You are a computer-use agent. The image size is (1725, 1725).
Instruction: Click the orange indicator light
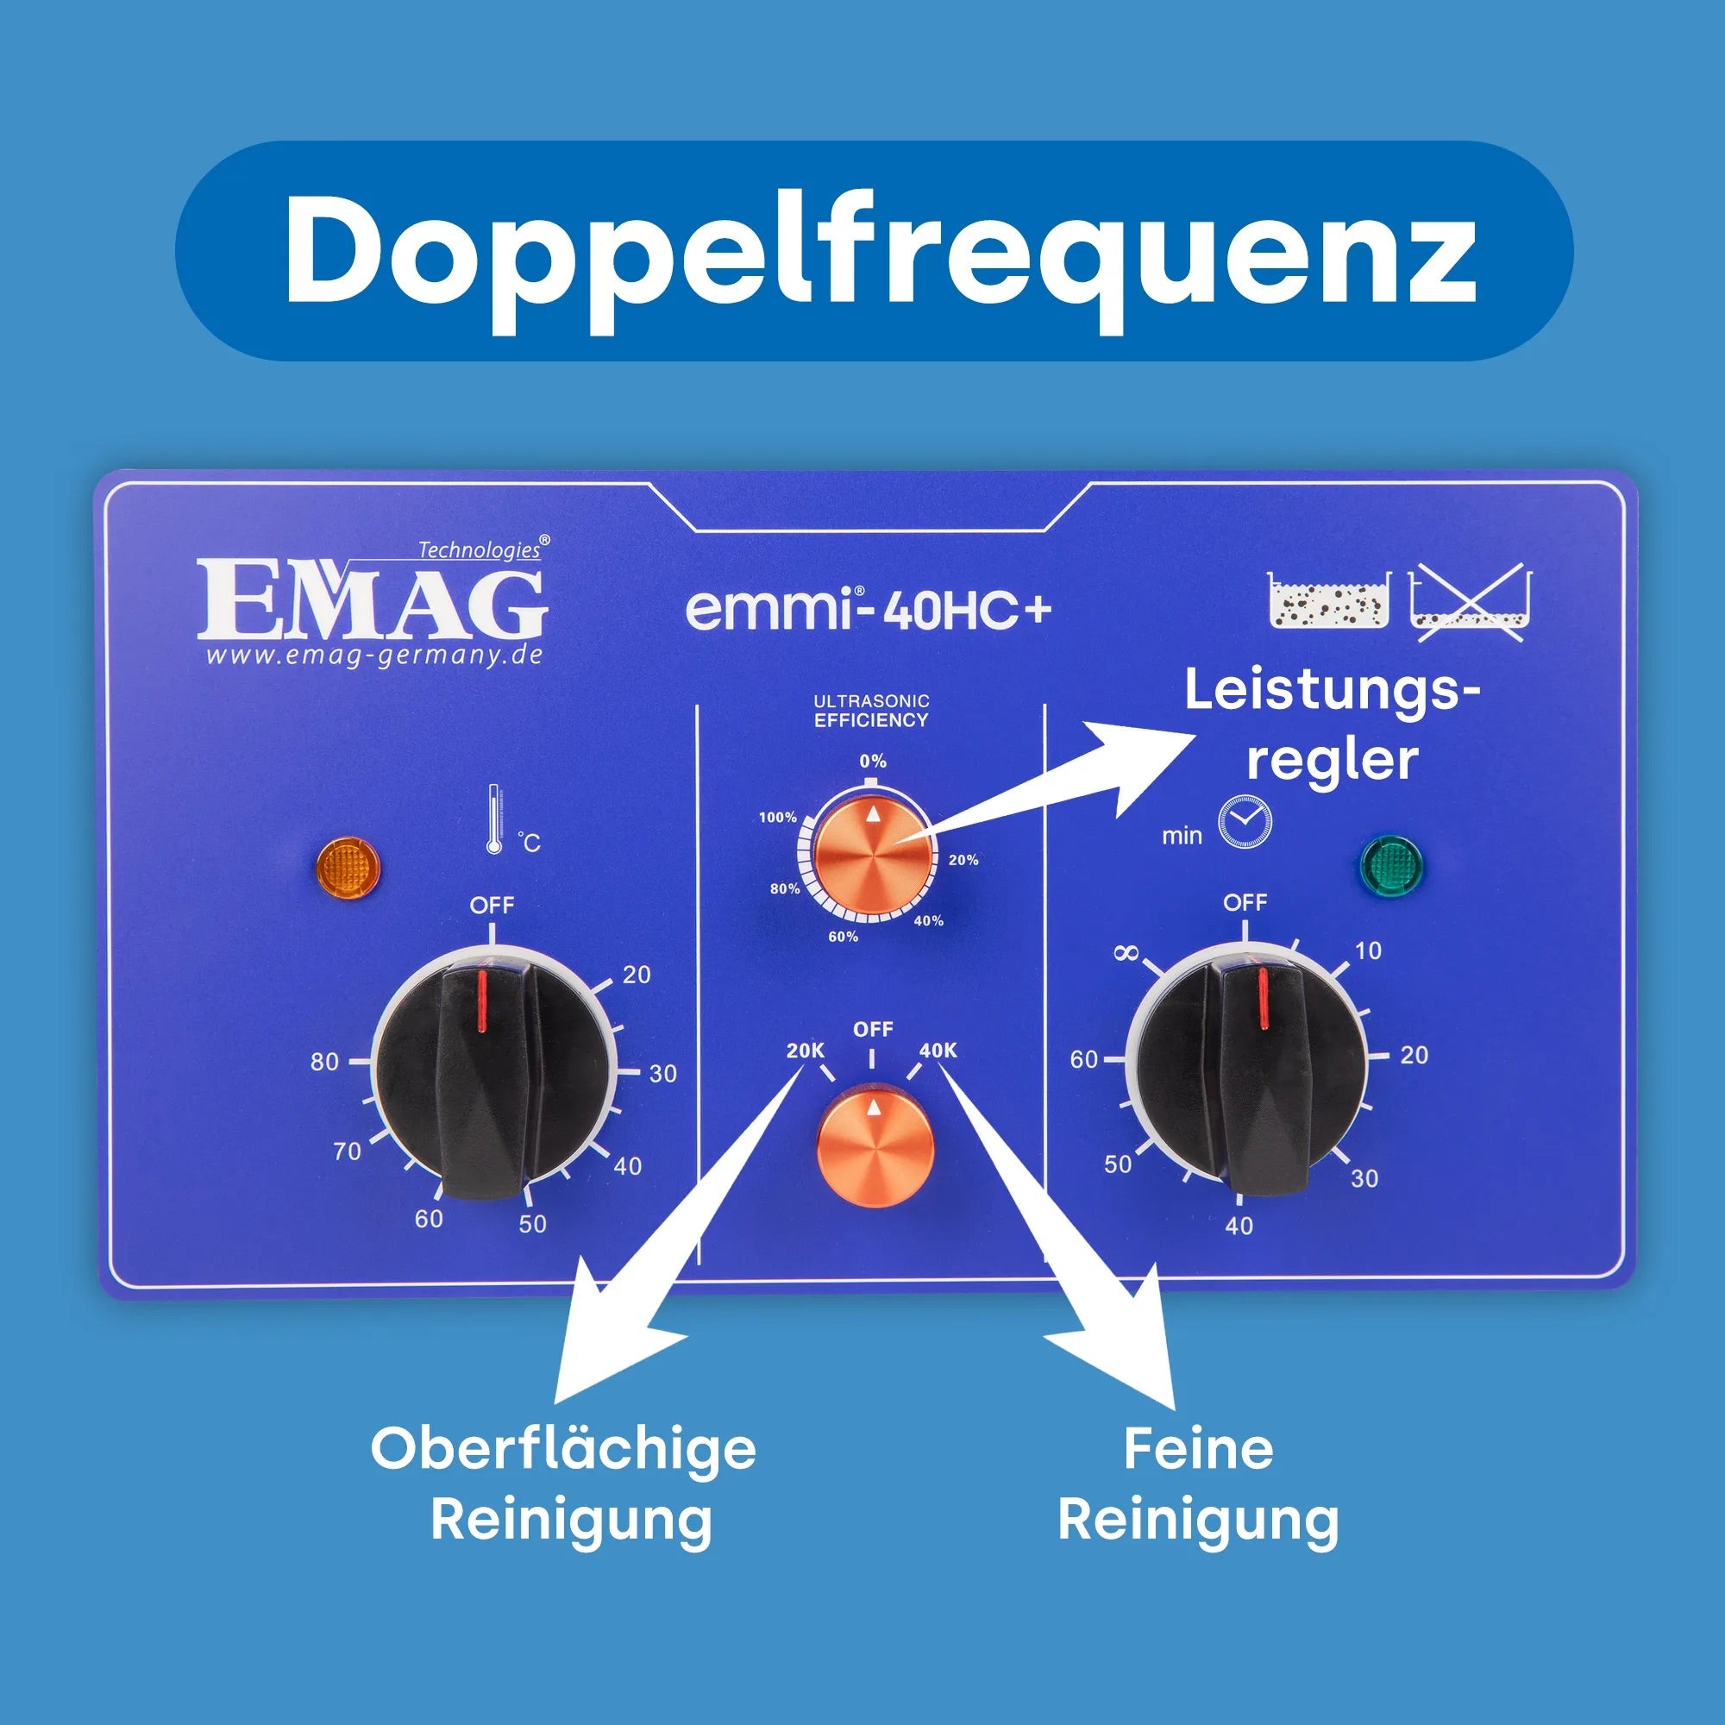[x=348, y=866]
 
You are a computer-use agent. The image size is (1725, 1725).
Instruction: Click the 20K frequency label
[x=805, y=1051]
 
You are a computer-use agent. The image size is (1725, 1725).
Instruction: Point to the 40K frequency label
[x=938, y=1051]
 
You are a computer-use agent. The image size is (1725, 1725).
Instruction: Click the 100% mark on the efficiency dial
[x=777, y=818]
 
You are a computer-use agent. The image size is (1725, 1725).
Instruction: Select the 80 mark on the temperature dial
[x=325, y=1062]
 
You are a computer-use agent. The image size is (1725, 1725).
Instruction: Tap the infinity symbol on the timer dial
[x=1126, y=955]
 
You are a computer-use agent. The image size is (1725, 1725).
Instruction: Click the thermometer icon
[x=493, y=819]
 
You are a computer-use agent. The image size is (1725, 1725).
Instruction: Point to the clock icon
[x=1245, y=821]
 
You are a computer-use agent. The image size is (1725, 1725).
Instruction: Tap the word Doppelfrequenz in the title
[x=880, y=251]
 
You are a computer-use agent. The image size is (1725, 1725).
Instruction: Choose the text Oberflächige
[x=563, y=1449]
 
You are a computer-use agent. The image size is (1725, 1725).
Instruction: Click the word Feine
[x=1198, y=1449]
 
